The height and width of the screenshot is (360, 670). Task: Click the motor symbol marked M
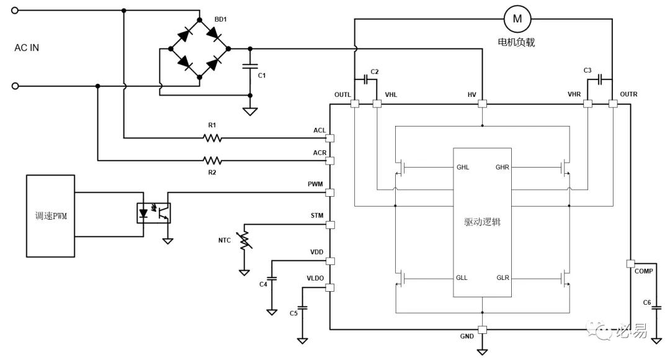point(517,19)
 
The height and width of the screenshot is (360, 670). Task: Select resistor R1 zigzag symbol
point(212,138)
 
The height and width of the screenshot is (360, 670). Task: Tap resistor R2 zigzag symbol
point(212,161)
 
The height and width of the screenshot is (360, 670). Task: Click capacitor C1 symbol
point(250,66)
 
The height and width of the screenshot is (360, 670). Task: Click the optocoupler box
point(153,213)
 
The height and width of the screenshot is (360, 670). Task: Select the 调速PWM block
point(50,216)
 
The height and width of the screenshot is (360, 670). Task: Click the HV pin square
point(483,104)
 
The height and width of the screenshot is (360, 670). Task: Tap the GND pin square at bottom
point(483,330)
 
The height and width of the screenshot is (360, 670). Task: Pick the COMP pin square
point(630,264)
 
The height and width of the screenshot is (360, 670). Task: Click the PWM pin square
point(329,193)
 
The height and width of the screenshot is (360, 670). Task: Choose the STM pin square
point(329,225)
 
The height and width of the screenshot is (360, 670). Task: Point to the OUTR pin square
point(613,104)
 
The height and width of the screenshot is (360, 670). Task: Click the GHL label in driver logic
point(463,167)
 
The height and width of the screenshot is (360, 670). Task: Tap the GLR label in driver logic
point(502,278)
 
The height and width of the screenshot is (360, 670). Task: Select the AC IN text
point(27,48)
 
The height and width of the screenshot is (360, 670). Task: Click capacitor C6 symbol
point(657,308)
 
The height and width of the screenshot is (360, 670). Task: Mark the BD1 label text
point(220,20)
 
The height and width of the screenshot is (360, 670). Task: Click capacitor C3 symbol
point(601,79)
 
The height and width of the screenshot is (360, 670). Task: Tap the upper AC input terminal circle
point(15,11)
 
